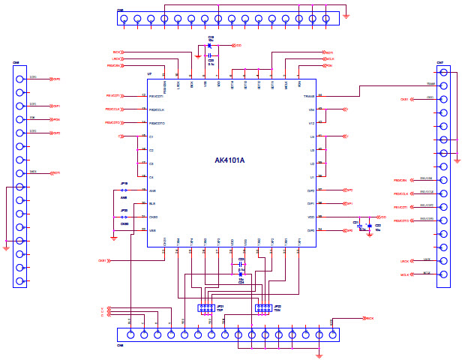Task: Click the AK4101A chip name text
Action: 229,160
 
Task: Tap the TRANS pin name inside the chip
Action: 308,96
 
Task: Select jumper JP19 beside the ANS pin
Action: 124,190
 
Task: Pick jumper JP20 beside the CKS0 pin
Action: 124,217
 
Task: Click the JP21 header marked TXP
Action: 205,307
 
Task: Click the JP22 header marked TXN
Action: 262,307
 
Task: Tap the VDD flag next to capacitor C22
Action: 382,217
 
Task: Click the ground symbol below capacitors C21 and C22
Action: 369,234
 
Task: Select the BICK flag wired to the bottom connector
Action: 367,319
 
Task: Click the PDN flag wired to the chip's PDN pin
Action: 328,66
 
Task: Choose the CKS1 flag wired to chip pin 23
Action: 102,261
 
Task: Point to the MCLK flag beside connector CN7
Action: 405,274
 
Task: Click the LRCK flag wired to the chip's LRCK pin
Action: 117,58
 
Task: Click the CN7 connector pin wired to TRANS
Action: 444,85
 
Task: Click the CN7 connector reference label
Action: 440,63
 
